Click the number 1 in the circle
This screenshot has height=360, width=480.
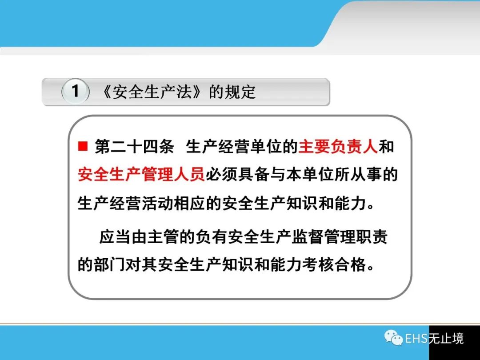point(75,91)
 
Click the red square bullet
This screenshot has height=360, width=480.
point(83,146)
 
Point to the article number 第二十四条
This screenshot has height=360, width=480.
point(134,146)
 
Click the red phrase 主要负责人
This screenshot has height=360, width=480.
point(338,146)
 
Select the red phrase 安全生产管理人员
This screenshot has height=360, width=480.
point(141,175)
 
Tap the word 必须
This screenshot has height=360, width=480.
point(221,175)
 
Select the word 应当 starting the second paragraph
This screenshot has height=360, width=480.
point(115,236)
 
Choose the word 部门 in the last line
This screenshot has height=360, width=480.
point(110,264)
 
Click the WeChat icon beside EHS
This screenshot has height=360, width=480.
point(393,338)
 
